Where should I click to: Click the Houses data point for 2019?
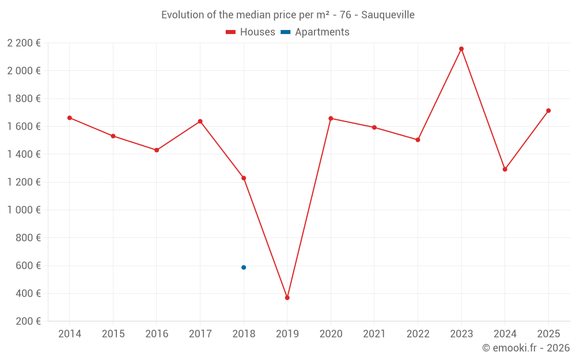tap(287, 298)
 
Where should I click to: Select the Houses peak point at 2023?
tap(461, 49)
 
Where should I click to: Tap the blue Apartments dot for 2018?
tap(244, 267)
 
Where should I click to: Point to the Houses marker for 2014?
tap(70, 118)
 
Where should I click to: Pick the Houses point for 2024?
tap(505, 169)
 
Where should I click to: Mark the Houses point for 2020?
tap(331, 118)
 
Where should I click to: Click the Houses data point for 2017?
tap(200, 122)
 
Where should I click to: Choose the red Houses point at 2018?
tap(244, 178)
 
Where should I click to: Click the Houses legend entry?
tap(251, 32)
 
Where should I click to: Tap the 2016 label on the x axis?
tap(157, 334)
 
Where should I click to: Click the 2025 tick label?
tap(548, 334)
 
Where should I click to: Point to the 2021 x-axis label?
tap(374, 334)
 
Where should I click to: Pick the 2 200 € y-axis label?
tap(24, 43)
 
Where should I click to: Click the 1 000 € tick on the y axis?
tap(24, 210)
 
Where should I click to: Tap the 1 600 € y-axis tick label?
tap(24, 127)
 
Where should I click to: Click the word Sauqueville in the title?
tap(388, 15)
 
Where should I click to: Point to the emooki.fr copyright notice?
tap(525, 348)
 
